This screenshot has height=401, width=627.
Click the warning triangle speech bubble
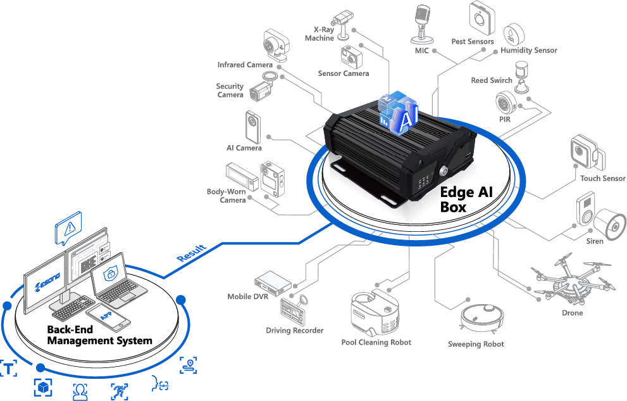(68, 228)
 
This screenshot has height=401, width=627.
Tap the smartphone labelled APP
(108, 315)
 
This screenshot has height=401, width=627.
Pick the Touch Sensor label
(602, 179)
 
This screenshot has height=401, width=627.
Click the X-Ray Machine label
(320, 34)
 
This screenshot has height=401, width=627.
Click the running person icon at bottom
(118, 391)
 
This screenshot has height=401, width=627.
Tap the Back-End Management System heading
(99, 335)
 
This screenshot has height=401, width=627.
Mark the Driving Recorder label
(294, 330)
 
